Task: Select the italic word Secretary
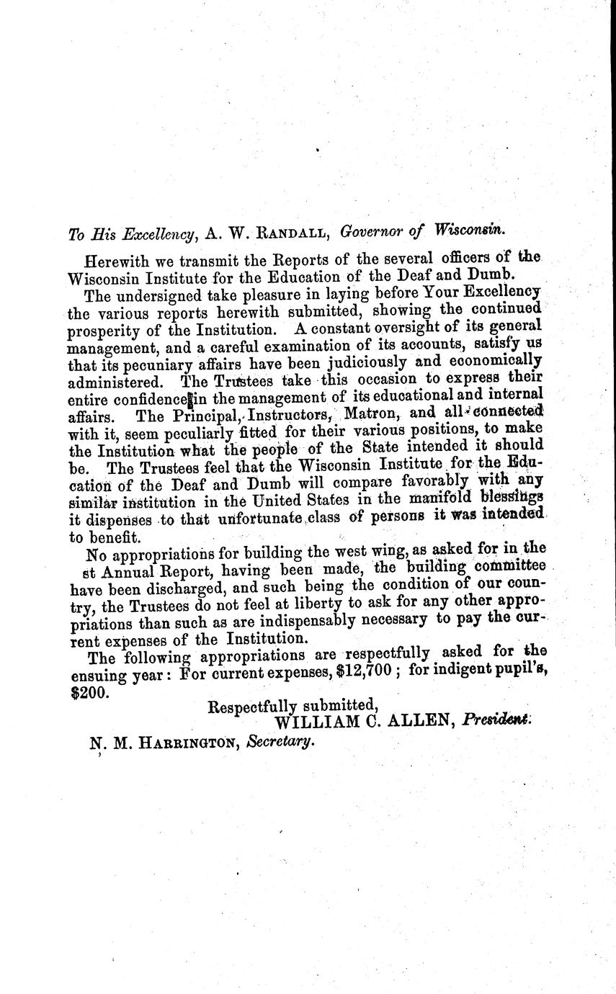280,743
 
